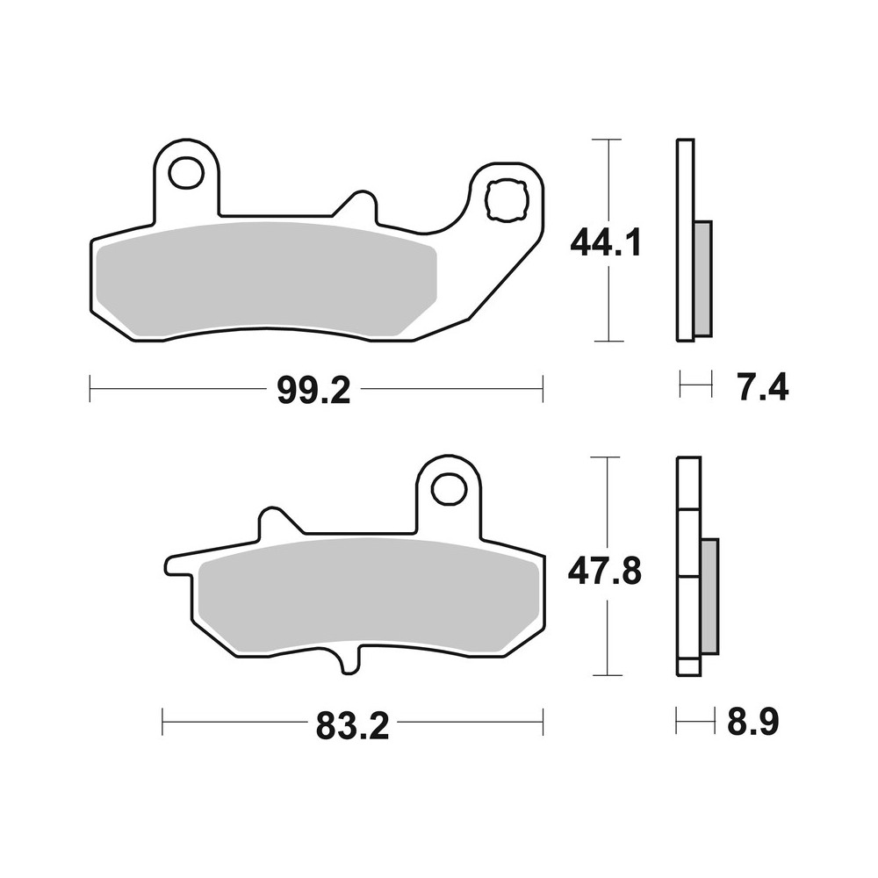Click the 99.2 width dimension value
click(313, 390)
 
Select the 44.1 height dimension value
click(606, 241)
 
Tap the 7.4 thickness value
click(762, 386)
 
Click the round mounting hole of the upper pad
click(185, 174)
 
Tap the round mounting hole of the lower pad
click(450, 488)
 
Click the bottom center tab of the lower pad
click(349, 660)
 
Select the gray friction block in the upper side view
click(702, 277)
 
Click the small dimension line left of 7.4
click(694, 384)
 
